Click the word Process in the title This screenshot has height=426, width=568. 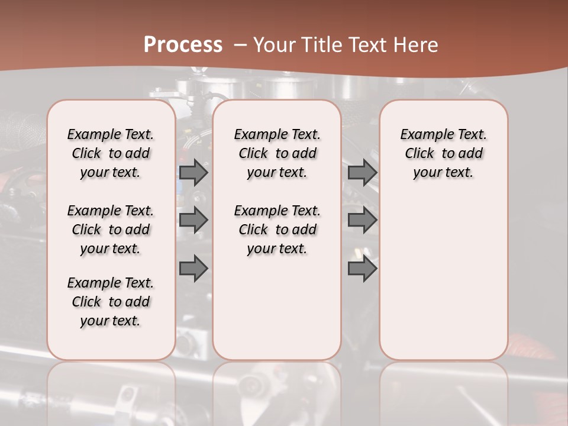(183, 45)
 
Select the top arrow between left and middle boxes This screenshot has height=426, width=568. (193, 173)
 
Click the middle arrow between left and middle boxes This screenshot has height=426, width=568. (193, 220)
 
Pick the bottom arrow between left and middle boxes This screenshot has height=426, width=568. (193, 269)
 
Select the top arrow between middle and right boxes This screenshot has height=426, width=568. (362, 173)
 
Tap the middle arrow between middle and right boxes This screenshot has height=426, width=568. (362, 220)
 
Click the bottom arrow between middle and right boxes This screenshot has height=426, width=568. (362, 269)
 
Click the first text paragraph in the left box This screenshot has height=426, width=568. (111, 153)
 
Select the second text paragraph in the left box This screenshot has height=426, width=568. (111, 230)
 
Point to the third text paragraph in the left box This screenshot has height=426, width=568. (111, 302)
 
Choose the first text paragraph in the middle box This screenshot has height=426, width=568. (277, 153)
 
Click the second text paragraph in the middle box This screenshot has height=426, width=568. (277, 230)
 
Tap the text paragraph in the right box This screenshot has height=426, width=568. (444, 153)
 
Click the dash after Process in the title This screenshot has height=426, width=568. (240, 45)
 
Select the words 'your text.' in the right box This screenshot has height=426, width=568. (443, 173)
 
